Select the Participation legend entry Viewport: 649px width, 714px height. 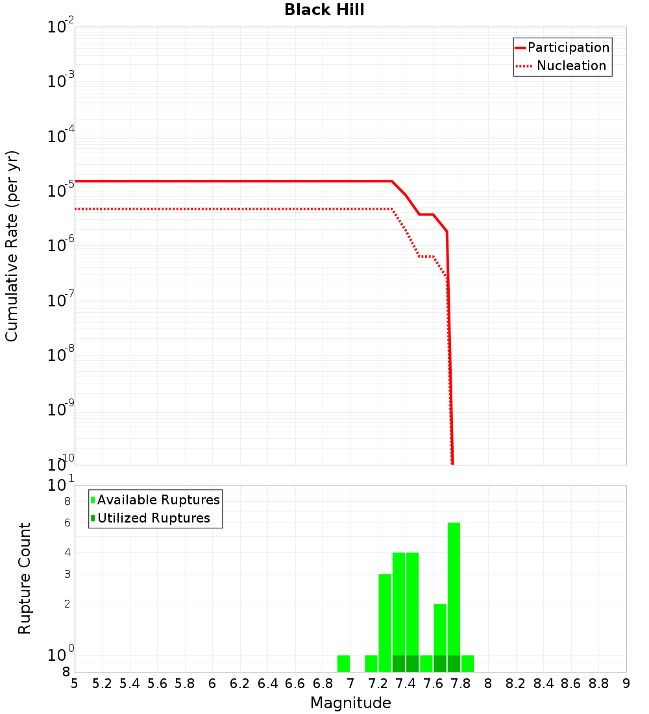click(568, 47)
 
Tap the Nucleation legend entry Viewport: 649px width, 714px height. click(570, 66)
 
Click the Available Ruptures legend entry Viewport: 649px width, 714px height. click(158, 500)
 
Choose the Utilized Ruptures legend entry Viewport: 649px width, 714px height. click(153, 518)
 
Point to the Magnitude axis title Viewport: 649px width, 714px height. click(350, 702)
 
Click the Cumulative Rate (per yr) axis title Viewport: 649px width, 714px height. click(12, 245)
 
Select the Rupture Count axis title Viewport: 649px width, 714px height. click(25, 578)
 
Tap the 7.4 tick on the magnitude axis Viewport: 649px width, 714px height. click(406, 683)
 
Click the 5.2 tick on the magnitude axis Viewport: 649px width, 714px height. click(103, 683)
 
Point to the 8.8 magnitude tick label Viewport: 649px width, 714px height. click(598, 683)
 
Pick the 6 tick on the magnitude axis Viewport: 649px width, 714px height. click(212, 683)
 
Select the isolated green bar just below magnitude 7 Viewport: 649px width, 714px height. click(343, 663)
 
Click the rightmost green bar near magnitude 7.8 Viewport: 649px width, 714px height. click(467, 663)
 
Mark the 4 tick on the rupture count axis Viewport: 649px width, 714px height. click(67, 552)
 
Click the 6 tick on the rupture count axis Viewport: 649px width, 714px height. click(67, 523)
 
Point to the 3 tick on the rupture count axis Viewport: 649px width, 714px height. click(67, 574)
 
